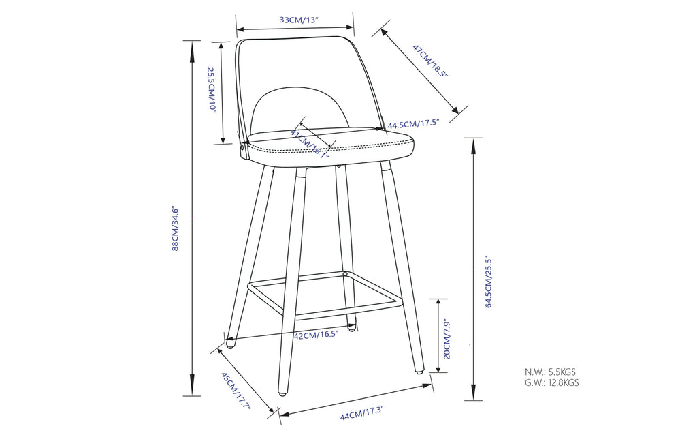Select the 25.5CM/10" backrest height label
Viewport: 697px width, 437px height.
click(x=212, y=89)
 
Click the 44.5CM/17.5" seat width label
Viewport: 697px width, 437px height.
click(x=414, y=124)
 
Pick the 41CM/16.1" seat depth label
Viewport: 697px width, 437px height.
click(x=310, y=143)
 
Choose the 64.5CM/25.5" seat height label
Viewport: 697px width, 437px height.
click(x=488, y=273)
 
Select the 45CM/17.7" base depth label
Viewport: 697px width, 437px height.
click(x=236, y=391)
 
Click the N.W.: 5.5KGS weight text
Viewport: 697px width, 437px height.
click(x=550, y=372)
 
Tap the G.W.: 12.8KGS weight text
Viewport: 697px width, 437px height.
click(x=551, y=383)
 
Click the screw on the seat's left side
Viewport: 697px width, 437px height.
click(x=243, y=145)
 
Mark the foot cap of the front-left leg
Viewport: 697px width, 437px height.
click(x=281, y=394)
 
